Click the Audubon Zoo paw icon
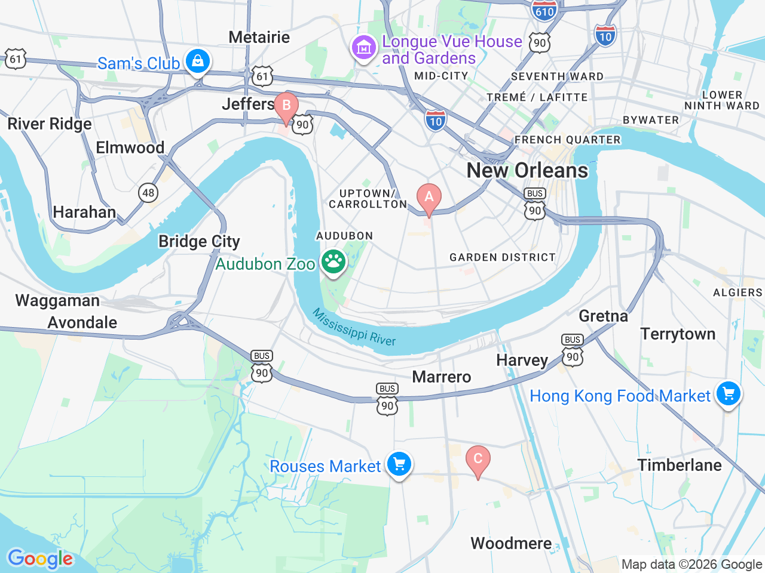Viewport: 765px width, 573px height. pos(333,262)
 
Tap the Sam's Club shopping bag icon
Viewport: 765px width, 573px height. pos(197,61)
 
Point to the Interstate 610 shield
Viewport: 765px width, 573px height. pos(544,10)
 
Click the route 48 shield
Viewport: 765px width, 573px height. pos(148,192)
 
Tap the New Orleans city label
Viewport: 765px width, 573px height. pos(527,171)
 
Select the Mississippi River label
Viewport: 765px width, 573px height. pos(354,328)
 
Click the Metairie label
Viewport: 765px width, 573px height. pos(259,37)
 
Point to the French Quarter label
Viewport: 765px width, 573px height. pos(567,140)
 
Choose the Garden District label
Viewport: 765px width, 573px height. pos(502,257)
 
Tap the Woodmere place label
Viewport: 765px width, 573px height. pos(511,543)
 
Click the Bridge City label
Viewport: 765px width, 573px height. pos(199,241)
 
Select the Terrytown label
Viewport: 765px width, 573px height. pos(678,334)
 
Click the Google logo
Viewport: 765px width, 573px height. pos(40,559)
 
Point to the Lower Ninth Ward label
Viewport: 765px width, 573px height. pos(721,100)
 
